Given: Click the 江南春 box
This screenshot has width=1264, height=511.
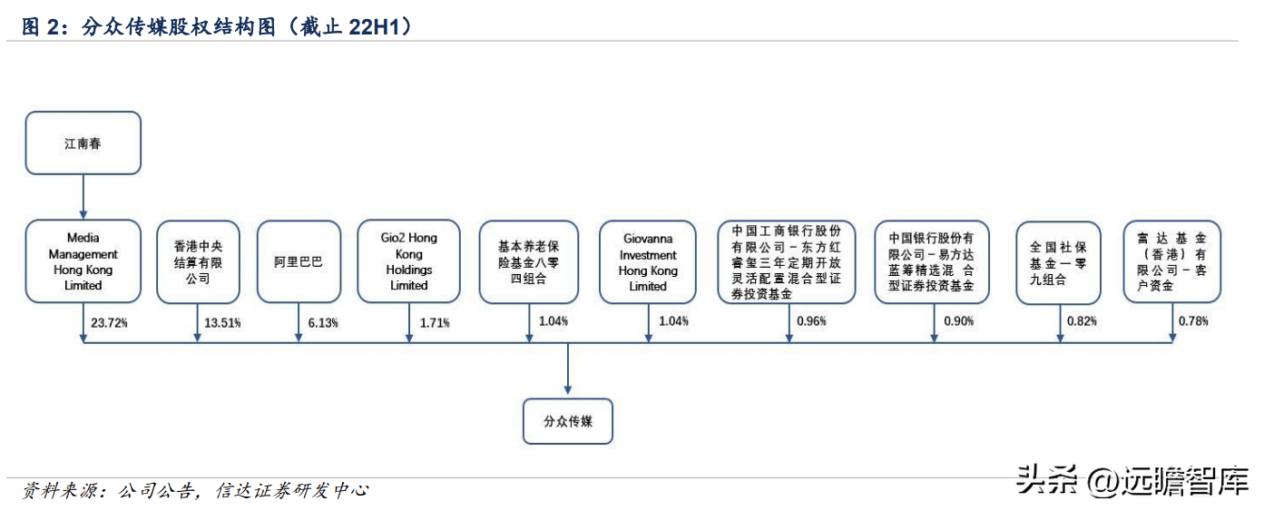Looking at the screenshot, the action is [83, 142].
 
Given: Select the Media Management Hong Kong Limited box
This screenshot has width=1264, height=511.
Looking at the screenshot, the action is [83, 261].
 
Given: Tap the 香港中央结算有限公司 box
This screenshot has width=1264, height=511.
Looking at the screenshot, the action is [198, 261].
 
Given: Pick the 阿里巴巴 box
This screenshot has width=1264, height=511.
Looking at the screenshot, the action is [299, 261].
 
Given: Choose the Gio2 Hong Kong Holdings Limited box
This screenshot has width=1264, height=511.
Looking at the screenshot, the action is [408, 261].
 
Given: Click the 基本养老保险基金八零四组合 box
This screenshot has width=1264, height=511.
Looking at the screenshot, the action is [529, 261].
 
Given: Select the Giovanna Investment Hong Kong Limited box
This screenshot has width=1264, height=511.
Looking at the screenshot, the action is [648, 261].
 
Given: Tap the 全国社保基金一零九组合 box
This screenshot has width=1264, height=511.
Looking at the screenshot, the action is [1058, 261].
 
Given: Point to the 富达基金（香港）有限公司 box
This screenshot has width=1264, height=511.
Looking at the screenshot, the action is [1171, 261].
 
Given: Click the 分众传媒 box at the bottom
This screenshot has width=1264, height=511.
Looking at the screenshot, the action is [568, 421].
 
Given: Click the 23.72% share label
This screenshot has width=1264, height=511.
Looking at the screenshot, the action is [109, 322].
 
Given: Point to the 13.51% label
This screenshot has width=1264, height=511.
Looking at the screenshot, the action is [223, 322].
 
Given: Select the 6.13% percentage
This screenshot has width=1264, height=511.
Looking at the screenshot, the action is [323, 322].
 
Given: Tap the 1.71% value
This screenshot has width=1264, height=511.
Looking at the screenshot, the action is [434, 322].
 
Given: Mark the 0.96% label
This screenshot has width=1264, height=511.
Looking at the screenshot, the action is [811, 320].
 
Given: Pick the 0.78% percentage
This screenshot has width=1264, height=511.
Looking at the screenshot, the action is [1193, 320].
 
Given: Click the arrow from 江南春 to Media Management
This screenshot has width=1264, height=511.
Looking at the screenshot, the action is [83, 196].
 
